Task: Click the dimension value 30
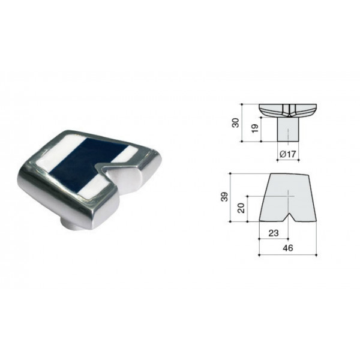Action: click(236, 122)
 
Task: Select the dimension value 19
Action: click(255, 128)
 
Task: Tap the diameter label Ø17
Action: click(288, 154)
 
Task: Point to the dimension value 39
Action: click(224, 197)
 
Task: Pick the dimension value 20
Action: click(241, 208)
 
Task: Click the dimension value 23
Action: click(274, 233)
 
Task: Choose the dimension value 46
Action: click(288, 248)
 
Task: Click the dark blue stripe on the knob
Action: click(88, 163)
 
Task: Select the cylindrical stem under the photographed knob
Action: click(69, 224)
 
